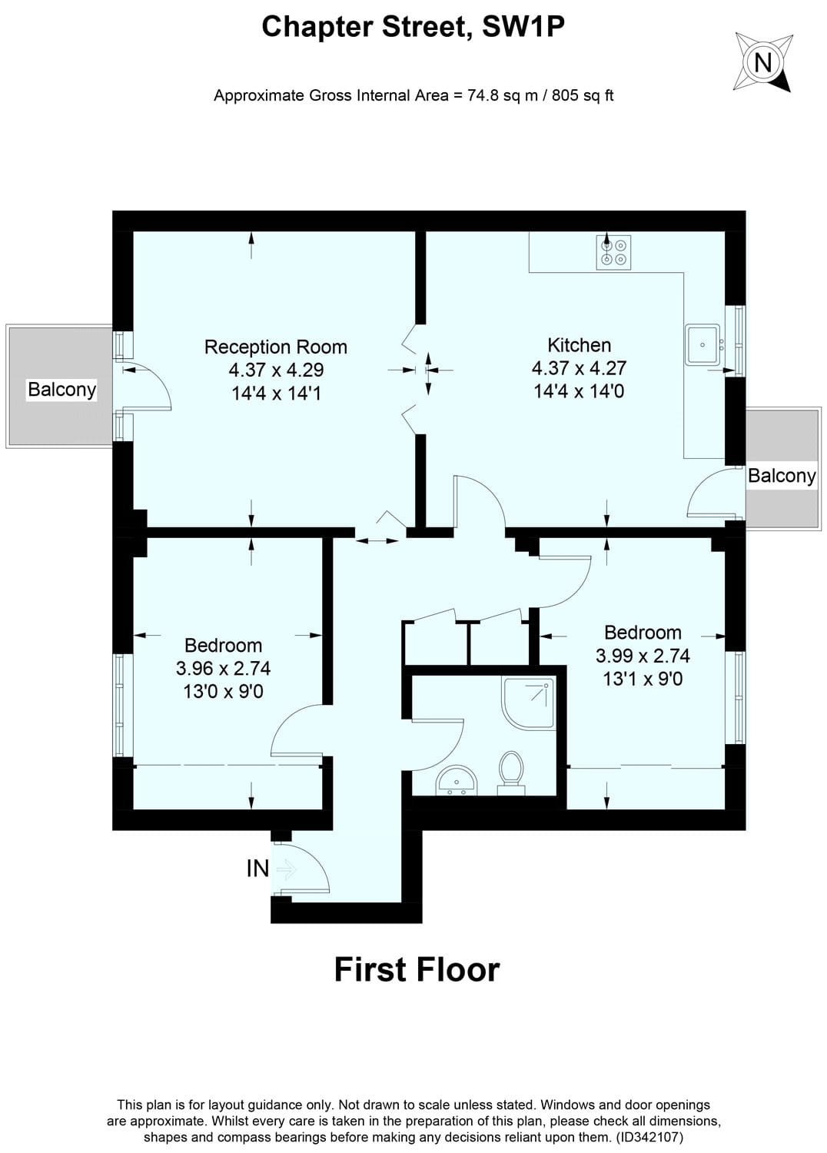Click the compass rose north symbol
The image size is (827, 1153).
pos(762,61)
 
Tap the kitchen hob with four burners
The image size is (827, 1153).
pos(613,252)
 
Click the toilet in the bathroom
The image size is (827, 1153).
pos(510,770)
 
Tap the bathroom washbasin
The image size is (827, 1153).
pos(457,782)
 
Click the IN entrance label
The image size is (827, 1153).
pos(257,869)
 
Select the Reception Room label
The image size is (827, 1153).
pos(275,347)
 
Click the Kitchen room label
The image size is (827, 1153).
pos(579,345)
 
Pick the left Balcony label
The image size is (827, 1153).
pos(61,390)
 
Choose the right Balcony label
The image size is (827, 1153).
pos(782,476)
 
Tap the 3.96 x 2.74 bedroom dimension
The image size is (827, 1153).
pos(223,669)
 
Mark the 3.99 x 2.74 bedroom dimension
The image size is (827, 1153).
pos(643,656)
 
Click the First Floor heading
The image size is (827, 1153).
pos(417,970)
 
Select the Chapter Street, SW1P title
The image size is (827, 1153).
pos(413,28)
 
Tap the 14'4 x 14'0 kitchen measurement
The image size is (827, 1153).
pos(579,391)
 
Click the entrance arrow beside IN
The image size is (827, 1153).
pos(286,869)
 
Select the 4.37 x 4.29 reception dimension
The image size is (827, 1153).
pos(276,370)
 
